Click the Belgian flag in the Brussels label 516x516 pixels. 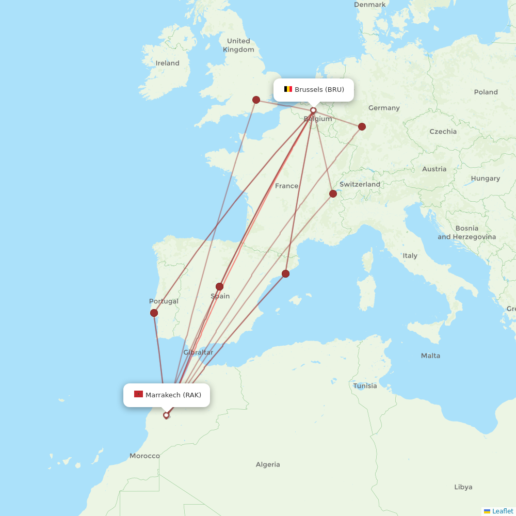pyautogui.click(x=288, y=89)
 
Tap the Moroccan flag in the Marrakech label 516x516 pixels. pyautogui.click(x=138, y=395)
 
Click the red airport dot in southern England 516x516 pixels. pyautogui.click(x=256, y=100)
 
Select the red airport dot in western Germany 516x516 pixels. pyautogui.click(x=362, y=126)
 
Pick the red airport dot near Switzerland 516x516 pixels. pyautogui.click(x=333, y=194)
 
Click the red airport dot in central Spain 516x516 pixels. pyautogui.click(x=219, y=286)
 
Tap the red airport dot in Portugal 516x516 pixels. pyautogui.click(x=154, y=313)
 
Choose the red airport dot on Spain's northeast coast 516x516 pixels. pyautogui.click(x=285, y=273)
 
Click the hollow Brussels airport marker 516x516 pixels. pyautogui.click(x=313, y=110)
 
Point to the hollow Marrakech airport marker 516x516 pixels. pyautogui.click(x=166, y=415)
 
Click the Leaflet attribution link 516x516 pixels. pyautogui.click(x=502, y=511)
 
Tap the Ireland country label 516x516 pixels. pyautogui.click(x=168, y=63)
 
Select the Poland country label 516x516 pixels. pyautogui.click(x=486, y=92)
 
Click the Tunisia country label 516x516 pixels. pyautogui.click(x=365, y=385)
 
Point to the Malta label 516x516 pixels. pyautogui.click(x=430, y=356)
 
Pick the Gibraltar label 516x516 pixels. pyautogui.click(x=198, y=352)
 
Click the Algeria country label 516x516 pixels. pyautogui.click(x=268, y=464)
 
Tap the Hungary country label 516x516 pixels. pyautogui.click(x=485, y=179)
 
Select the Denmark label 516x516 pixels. pyautogui.click(x=369, y=5)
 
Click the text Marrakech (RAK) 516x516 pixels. pyautogui.click(x=173, y=395)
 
